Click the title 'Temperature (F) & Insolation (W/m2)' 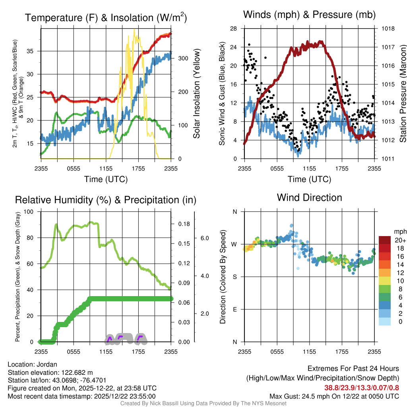tap(106, 18)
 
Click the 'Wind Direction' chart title tap(309, 198)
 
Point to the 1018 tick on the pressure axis tap(389, 29)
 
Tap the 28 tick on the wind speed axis tap(234, 29)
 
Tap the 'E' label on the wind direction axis tap(235, 309)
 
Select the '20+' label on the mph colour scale tap(400, 240)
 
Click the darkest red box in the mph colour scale tap(385, 240)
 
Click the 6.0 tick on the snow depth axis tap(204, 238)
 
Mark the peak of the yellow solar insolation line tap(134, 29)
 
